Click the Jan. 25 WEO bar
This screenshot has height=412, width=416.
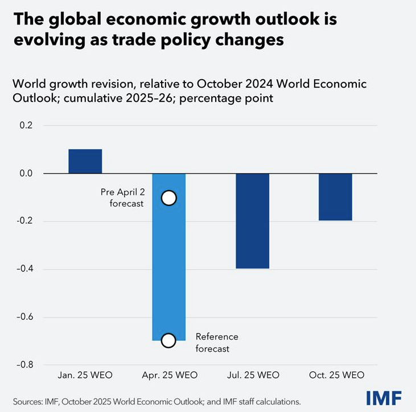click(x=85, y=161)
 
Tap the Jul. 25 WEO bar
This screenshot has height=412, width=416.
click(x=252, y=221)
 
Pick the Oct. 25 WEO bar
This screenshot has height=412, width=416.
click(x=335, y=197)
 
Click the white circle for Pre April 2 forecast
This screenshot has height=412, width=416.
click(x=168, y=197)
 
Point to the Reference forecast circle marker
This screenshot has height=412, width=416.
click(x=168, y=340)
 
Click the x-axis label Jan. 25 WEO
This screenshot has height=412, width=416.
click(x=85, y=375)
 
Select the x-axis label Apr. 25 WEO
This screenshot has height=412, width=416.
click(x=168, y=375)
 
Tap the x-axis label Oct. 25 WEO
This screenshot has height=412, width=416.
click(x=335, y=375)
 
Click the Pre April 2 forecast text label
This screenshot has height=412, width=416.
click(x=127, y=197)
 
